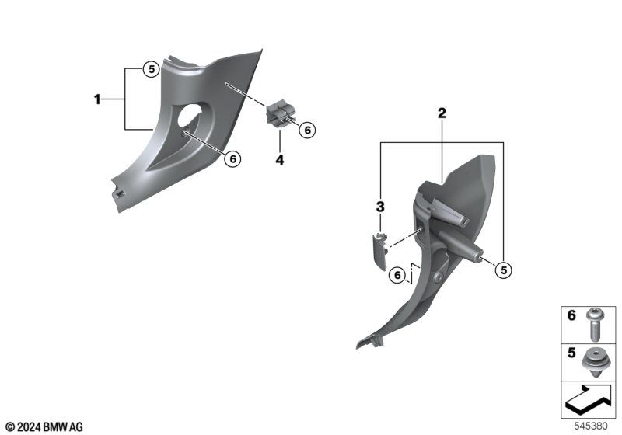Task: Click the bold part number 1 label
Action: pos(97,99)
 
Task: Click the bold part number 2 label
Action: pos(442,113)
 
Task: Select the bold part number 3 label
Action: pos(380,207)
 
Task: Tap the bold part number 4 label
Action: pos(280,160)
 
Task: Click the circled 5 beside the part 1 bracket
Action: pos(151,69)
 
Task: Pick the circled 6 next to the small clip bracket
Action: pos(307,130)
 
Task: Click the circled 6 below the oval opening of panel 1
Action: pos(232,159)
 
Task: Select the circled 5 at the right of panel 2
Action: pos(503,270)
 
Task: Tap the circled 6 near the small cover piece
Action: pos(397,275)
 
